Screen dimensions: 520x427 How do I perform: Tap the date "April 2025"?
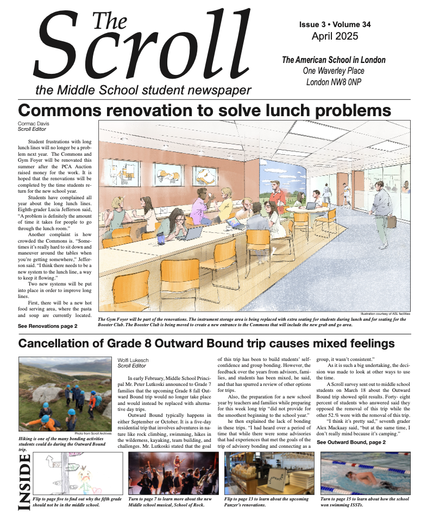point(335,36)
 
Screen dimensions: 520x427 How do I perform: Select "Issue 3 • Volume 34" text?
point(335,25)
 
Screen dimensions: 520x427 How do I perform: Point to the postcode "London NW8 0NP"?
point(334,83)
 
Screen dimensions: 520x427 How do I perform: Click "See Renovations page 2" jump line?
point(47,326)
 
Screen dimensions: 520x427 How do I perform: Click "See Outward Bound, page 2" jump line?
point(351,442)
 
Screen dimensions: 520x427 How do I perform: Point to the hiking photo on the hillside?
point(65,394)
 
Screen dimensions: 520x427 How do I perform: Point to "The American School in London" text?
point(334,60)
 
